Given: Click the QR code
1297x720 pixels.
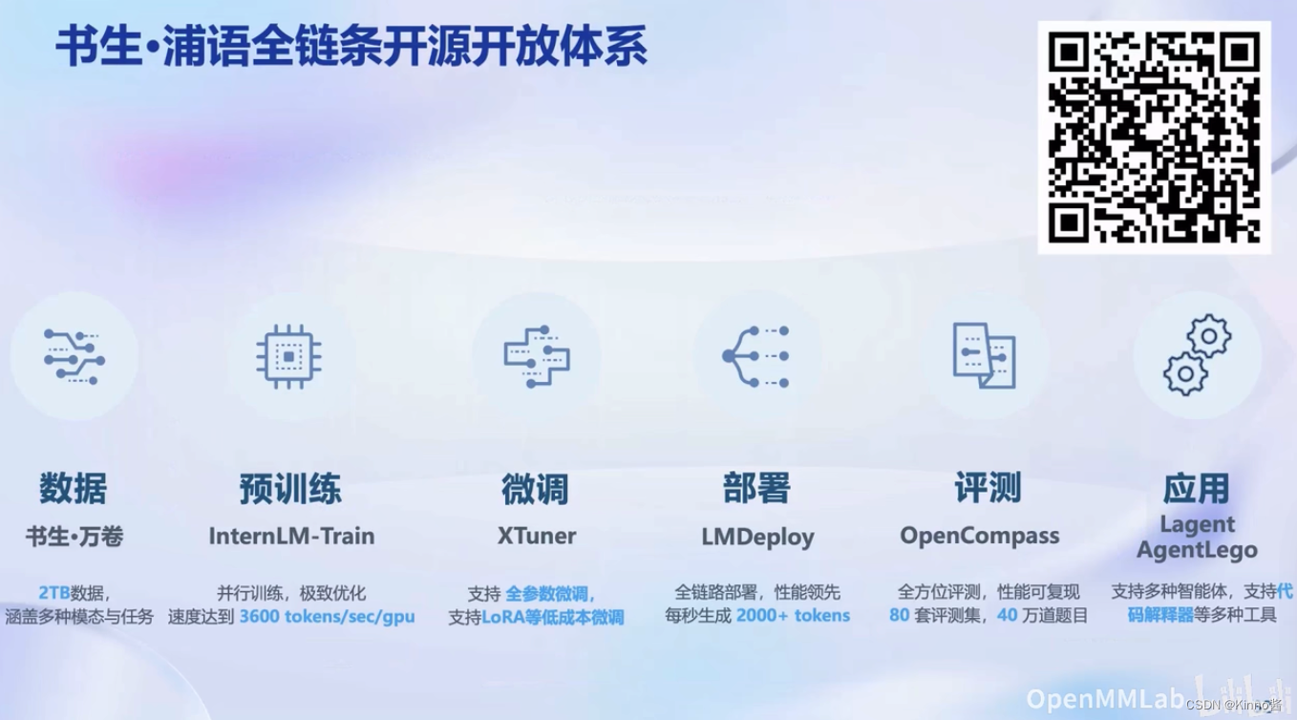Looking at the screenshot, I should pyautogui.click(x=1154, y=137).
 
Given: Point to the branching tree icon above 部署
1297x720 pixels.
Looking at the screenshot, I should pyautogui.click(x=755, y=356).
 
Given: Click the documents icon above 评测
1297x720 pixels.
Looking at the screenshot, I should pyautogui.click(x=983, y=355).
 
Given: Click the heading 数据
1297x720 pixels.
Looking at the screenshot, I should pyautogui.click(x=74, y=489).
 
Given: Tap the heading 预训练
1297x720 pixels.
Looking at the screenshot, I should pyautogui.click(x=290, y=489).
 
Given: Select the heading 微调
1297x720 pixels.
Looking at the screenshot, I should pyautogui.click(x=535, y=489).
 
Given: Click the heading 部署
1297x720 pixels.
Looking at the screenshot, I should pyautogui.click(x=756, y=489).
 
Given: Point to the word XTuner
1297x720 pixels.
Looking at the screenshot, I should pyautogui.click(x=536, y=536).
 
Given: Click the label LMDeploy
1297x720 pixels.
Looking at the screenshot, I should pyautogui.click(x=757, y=537).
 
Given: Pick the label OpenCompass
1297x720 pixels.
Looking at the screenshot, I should pyautogui.click(x=979, y=536).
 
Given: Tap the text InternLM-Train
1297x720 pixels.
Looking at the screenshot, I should pyautogui.click(x=291, y=536).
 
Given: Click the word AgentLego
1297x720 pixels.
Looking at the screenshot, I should pyautogui.click(x=1197, y=550).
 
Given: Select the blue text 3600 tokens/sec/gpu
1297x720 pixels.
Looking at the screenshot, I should pyautogui.click(x=327, y=616).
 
